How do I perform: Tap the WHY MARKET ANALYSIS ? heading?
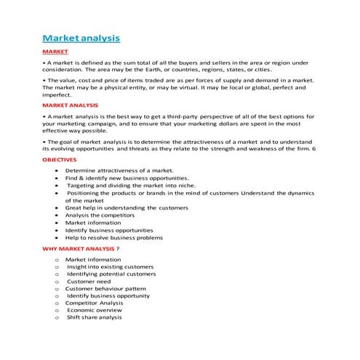point(81,249)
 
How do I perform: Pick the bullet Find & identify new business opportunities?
point(127,177)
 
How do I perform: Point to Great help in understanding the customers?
point(126,207)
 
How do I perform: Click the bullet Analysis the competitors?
point(102,215)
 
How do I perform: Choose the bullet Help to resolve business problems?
point(114,238)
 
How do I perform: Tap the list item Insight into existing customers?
point(110,266)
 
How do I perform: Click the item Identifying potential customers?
point(111,274)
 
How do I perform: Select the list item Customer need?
point(89,281)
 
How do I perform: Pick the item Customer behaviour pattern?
point(105,289)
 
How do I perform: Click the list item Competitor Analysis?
point(95,303)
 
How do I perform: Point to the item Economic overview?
point(95,310)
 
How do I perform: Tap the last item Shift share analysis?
point(95,317)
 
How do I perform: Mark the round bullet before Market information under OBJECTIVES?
point(57,223)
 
